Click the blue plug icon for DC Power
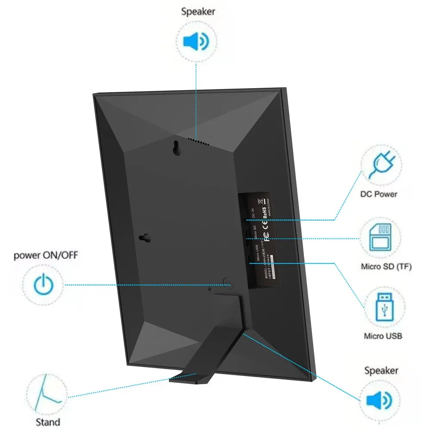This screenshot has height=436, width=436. [x=381, y=165]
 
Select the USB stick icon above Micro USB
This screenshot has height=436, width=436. [x=384, y=307]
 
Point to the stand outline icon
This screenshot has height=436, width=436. [x=46, y=393]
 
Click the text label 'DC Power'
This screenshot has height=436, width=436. [x=379, y=194]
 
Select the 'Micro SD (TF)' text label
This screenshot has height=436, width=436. [x=386, y=267]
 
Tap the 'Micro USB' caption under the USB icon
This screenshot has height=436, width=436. [x=383, y=336]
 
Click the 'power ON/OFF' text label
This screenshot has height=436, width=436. [x=46, y=255]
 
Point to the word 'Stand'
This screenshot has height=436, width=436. [x=48, y=422]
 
